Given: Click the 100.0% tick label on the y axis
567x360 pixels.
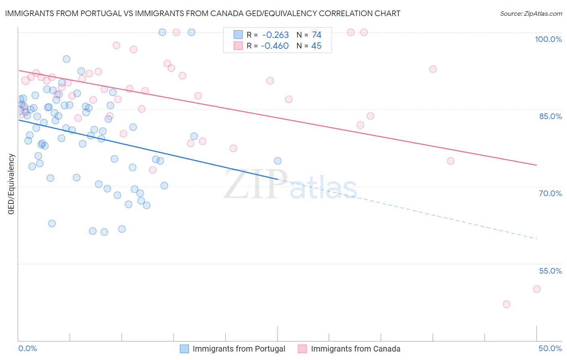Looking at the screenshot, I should coord(548,39).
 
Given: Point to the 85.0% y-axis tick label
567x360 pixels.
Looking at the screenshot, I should coord(550,116).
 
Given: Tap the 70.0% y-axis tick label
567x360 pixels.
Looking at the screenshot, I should coord(550,193).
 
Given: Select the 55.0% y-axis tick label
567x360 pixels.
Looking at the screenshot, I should coord(550,271).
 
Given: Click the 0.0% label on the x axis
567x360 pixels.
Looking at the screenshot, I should coord(27,348).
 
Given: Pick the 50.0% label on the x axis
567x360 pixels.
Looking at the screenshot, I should coord(550,348).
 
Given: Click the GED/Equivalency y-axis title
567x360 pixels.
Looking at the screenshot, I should coord(11,184).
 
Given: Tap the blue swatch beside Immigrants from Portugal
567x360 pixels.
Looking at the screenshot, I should coord(184,349).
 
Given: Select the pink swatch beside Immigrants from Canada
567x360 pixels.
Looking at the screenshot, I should coord(302,349).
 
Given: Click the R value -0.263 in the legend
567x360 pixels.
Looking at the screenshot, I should coord(275,35).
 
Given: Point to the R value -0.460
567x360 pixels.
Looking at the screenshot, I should coord(275,46).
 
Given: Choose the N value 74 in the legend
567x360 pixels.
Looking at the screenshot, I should coord(317,35).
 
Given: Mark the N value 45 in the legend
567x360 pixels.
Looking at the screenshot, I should coord(317,46).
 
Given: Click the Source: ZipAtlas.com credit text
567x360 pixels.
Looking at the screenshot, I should coord(531,14).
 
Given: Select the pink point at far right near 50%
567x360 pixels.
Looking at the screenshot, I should coord(537,289).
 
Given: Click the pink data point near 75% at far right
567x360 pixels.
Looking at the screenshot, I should coord(450,161).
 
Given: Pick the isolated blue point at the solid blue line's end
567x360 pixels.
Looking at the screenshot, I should coord(278,161).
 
